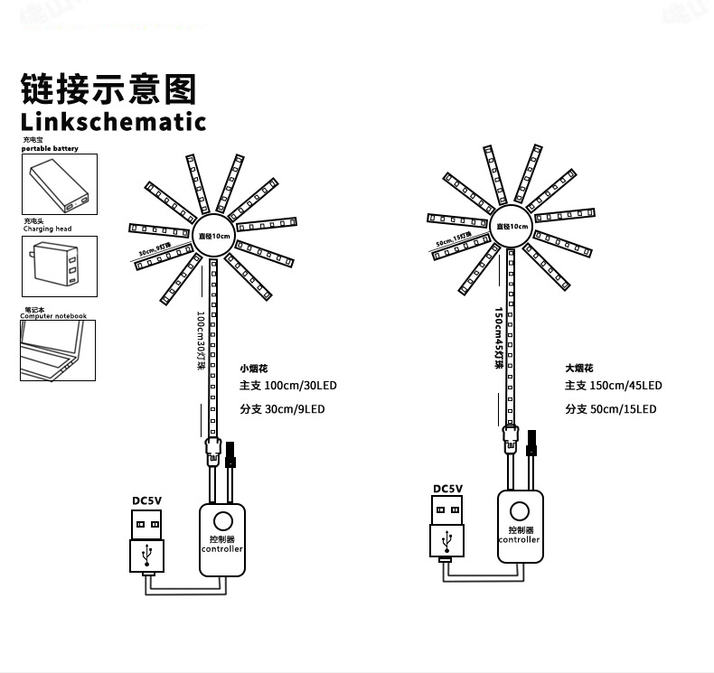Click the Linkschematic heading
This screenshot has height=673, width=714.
tap(113, 121)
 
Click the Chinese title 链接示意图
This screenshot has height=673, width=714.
tap(108, 89)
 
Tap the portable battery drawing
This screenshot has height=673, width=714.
tap(59, 184)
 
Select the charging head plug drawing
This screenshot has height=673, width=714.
tap(59, 266)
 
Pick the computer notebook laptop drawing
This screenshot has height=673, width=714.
tap(57, 351)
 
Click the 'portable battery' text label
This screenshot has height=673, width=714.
tap(50, 148)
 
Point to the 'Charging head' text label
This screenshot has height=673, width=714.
tap(47, 229)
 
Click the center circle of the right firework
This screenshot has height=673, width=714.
tap(512, 227)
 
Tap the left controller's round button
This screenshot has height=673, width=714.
tap(221, 521)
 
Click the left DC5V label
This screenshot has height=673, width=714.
tap(146, 500)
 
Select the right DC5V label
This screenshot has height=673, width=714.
tap(447, 489)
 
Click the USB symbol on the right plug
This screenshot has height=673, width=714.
tap(447, 540)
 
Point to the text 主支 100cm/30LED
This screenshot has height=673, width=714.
tap(287, 386)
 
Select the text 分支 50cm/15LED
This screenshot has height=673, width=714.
tap(610, 409)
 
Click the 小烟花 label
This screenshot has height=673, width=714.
tap(254, 369)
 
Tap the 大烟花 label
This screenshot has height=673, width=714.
tap(578, 369)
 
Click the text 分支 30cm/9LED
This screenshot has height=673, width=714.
tap(282, 409)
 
